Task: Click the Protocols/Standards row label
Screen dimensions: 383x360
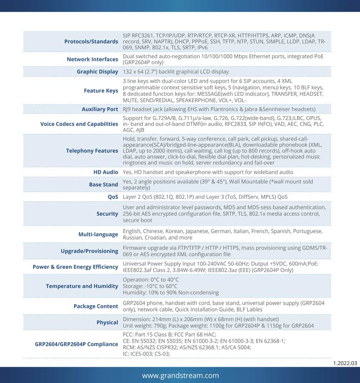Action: tap(91, 41)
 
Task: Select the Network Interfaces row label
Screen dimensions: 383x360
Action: tap(92, 59)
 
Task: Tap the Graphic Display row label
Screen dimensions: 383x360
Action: tap(97, 71)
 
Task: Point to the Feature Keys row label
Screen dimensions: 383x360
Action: tap(101, 90)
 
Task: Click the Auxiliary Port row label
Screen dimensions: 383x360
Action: tap(100, 109)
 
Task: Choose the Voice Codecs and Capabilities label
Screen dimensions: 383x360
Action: tap(79, 124)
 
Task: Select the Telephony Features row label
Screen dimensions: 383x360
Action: tap(92, 151)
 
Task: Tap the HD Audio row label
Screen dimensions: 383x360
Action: tap(106, 172)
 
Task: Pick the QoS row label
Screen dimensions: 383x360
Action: tap(113, 197)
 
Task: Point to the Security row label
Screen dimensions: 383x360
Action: tap(107, 214)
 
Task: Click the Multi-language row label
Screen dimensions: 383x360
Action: tap(98, 234)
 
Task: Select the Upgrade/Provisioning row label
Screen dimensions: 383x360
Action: tap(89, 251)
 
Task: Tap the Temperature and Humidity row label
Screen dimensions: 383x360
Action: tap(82, 286)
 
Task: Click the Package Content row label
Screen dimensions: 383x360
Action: tap(96, 306)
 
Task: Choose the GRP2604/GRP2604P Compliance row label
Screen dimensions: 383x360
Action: tap(76, 344)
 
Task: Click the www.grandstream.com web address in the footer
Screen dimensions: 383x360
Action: tap(180, 375)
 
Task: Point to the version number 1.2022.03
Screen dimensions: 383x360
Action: tap(345, 363)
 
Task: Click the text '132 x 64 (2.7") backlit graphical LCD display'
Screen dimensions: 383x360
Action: tap(176, 71)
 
